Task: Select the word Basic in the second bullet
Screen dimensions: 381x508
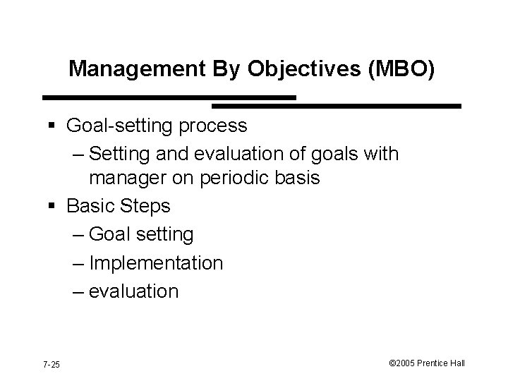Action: tap(90, 206)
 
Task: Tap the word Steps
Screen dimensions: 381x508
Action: tap(145, 206)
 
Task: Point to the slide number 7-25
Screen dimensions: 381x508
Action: tap(51, 364)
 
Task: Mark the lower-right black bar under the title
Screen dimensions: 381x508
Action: tap(337, 106)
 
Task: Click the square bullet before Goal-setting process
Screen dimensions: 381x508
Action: tap(54, 126)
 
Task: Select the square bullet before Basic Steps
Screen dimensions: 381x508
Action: tap(54, 207)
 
